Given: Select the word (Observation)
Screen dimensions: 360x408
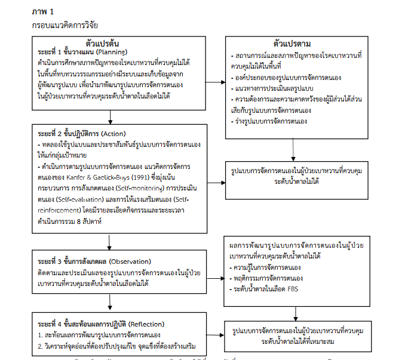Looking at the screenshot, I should click(133, 261).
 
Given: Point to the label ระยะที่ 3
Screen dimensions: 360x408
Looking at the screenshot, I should click(50, 261).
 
